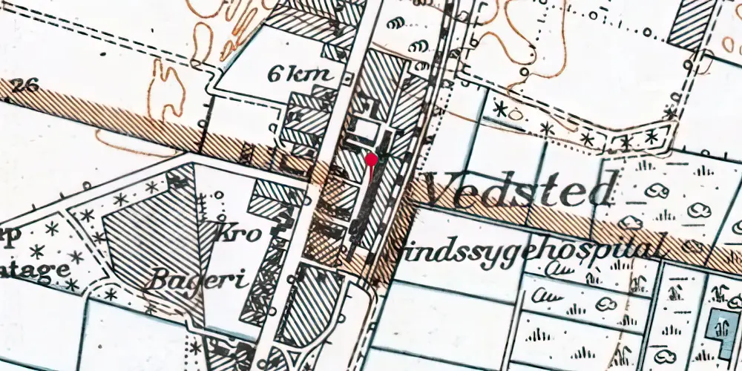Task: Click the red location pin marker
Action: pyautogui.click(x=371, y=159)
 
